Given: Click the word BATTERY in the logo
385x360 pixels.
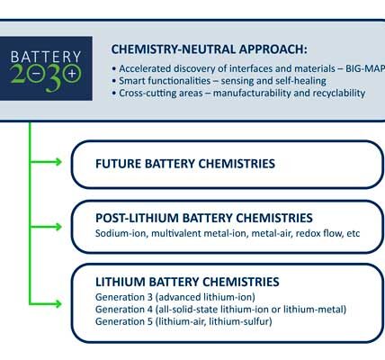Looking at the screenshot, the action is (46, 57).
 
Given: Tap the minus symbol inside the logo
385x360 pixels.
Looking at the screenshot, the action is (36, 74).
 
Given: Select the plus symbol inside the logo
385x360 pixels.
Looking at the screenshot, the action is (72, 73).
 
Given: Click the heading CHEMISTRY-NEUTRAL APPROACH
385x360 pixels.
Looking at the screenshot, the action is (209, 49).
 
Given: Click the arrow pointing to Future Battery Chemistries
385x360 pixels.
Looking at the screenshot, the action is (46, 162).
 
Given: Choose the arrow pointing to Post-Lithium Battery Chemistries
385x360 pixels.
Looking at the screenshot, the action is (46, 227).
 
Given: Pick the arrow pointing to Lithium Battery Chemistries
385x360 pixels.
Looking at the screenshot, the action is (46, 304).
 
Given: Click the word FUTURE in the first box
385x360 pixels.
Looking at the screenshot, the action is (119, 164).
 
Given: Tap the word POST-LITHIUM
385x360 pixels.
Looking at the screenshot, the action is (137, 218).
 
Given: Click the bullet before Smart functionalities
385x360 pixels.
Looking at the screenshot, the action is (113, 81).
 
